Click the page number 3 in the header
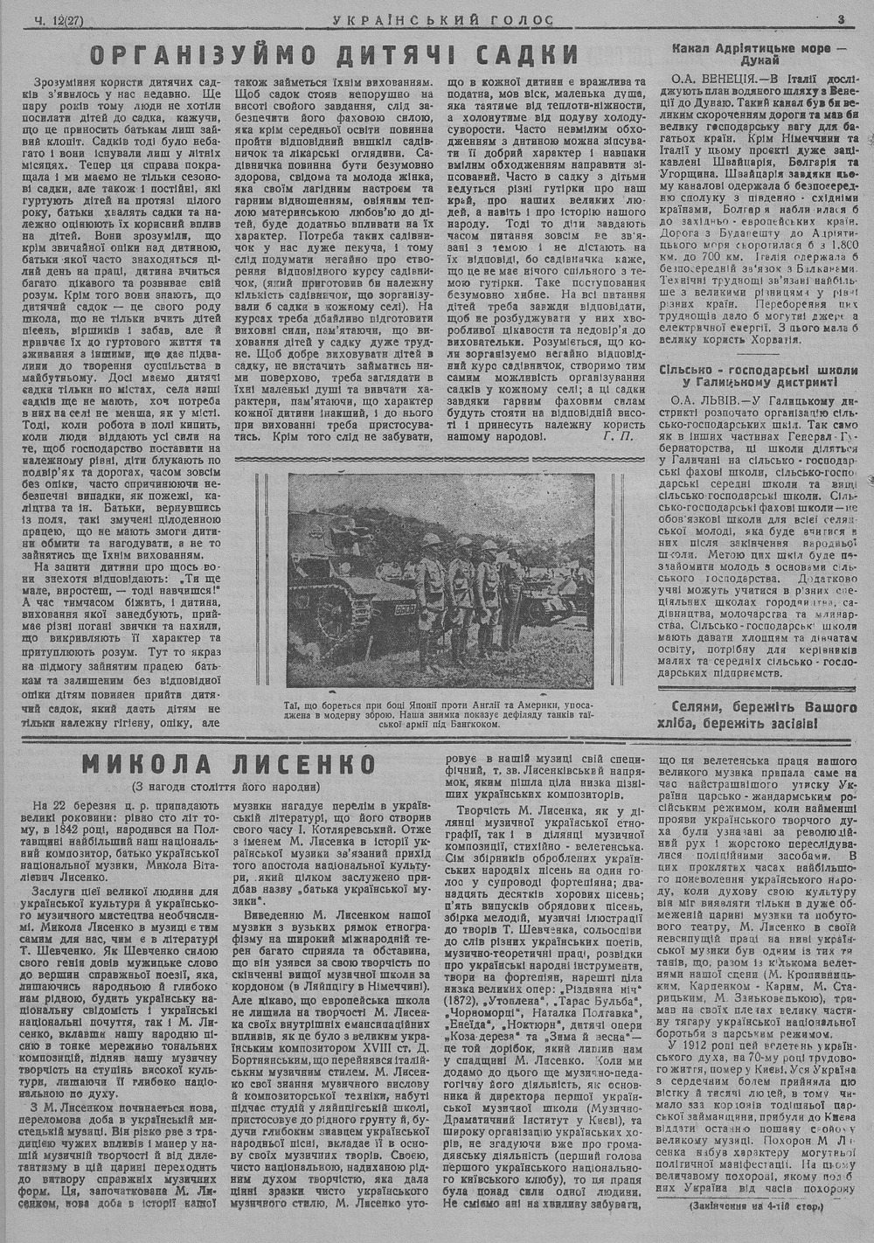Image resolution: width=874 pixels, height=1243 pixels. [x=839, y=18]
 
